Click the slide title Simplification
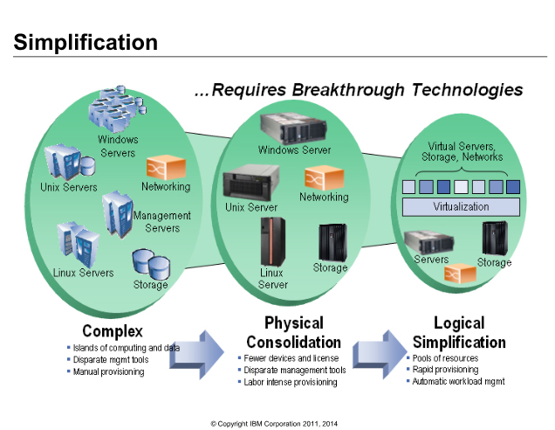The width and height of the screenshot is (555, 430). (86, 43)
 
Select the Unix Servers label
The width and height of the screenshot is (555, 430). (69, 187)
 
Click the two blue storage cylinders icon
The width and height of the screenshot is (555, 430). (151, 264)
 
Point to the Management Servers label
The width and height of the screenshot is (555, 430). (162, 222)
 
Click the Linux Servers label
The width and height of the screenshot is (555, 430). (83, 273)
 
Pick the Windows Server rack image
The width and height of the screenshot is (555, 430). (293, 128)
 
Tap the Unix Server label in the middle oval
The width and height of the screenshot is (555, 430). (251, 207)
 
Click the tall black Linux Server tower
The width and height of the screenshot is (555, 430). (273, 242)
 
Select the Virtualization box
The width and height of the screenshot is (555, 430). (461, 206)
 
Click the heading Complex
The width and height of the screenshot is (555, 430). (113, 331)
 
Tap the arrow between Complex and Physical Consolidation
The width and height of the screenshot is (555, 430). (197, 355)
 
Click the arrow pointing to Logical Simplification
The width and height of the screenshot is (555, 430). (380, 355)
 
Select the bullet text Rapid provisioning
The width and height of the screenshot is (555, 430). (445, 370)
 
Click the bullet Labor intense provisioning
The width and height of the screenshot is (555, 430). (291, 382)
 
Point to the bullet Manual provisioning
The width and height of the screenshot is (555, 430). (109, 371)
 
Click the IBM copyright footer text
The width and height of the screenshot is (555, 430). (274, 424)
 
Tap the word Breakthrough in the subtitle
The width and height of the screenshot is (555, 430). (348, 90)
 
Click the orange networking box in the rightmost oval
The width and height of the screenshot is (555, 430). (460, 274)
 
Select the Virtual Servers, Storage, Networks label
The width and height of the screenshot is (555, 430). (462, 151)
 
